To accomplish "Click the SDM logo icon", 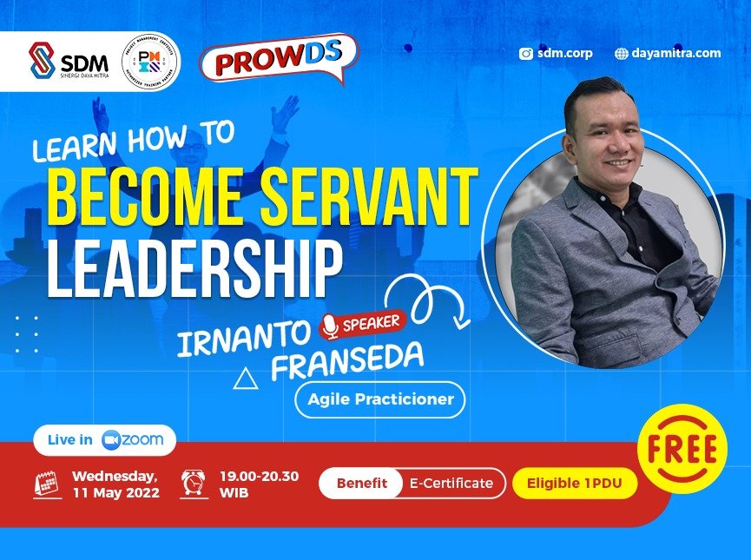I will click(x=42, y=61).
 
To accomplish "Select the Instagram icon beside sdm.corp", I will click(x=525, y=53).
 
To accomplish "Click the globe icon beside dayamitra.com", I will click(x=621, y=53).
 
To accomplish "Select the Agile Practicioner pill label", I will click(x=380, y=400).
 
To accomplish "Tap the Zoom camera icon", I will click(x=111, y=439).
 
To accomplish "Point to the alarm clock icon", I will click(x=194, y=483).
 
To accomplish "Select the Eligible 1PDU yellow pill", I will click(x=574, y=483).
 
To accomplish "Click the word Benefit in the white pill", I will click(x=361, y=483).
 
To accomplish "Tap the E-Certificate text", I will click(x=451, y=483).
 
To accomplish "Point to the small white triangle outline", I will click(x=246, y=378).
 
